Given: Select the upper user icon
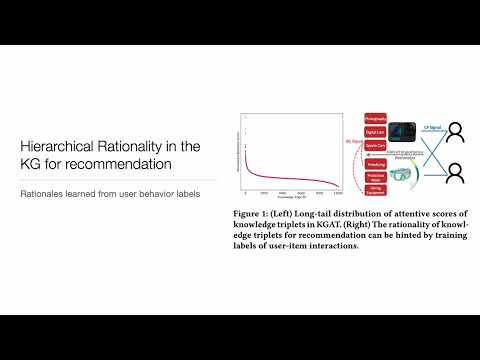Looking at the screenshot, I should [x=455, y=133].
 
